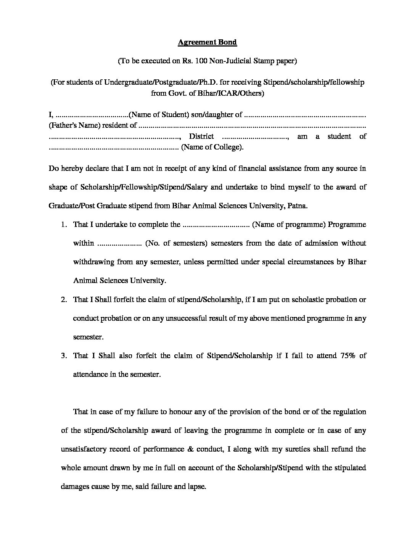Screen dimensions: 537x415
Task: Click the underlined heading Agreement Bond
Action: (207, 42)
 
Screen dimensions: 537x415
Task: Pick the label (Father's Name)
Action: (74, 125)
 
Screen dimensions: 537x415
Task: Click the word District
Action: (201, 137)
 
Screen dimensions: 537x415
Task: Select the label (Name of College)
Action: (212, 147)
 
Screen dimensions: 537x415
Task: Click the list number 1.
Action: (64, 225)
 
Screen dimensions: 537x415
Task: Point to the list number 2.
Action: (64, 300)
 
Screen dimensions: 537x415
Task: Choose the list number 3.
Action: (64, 356)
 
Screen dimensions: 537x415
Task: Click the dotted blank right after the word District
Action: (255, 137)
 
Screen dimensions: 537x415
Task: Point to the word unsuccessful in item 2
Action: (175, 318)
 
